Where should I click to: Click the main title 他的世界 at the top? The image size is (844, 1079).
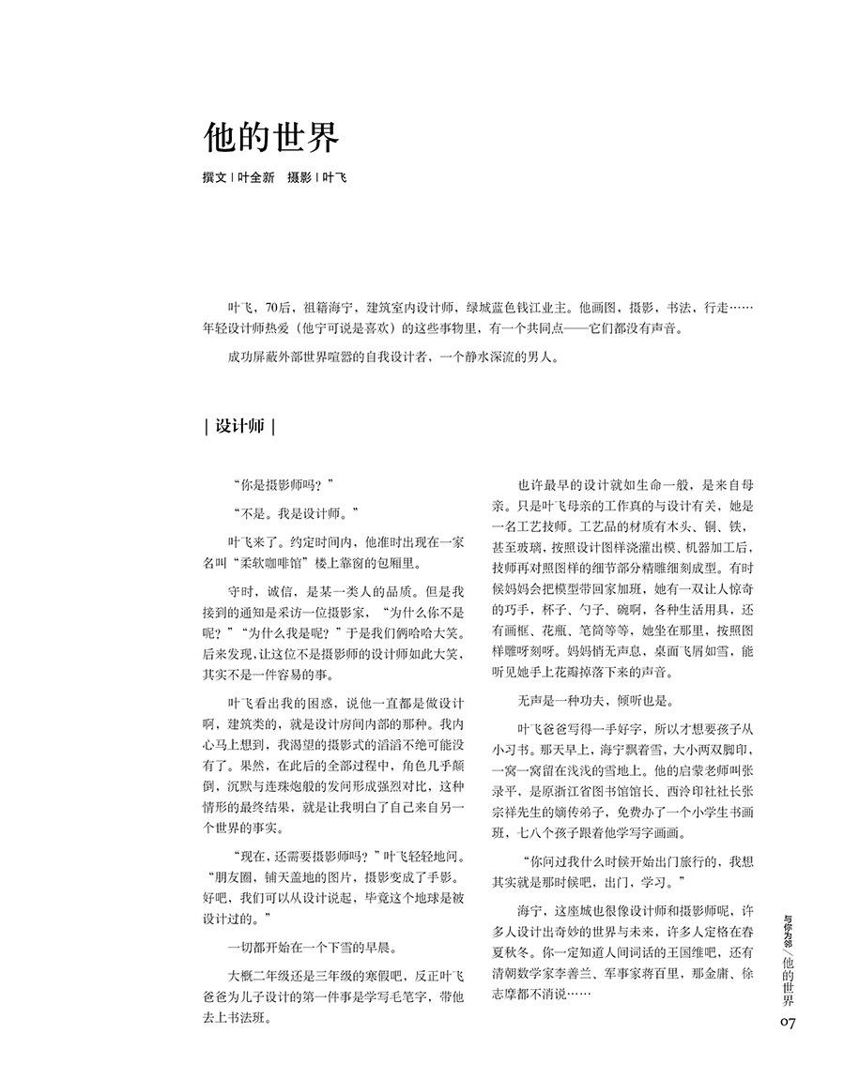[271, 137]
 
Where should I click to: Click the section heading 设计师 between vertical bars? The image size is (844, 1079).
[239, 425]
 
